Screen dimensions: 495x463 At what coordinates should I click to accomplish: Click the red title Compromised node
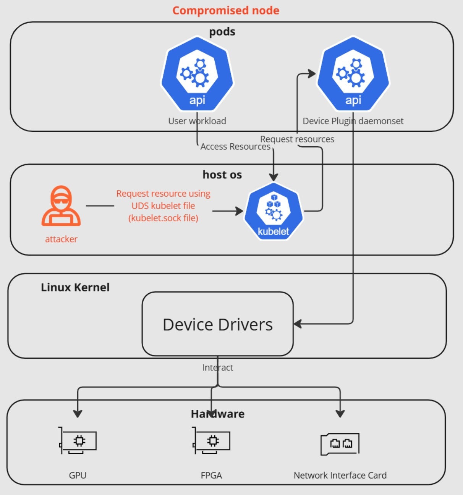[x=226, y=10]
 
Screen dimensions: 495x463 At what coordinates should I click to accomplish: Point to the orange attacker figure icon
[x=61, y=206]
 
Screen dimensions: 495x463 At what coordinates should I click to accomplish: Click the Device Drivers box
[x=217, y=324]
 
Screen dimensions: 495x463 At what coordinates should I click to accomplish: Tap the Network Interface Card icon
[x=340, y=443]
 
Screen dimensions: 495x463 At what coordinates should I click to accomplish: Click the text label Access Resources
[x=235, y=147]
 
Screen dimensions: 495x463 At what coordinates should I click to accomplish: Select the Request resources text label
[x=297, y=139]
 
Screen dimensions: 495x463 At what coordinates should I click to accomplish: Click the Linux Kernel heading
[x=75, y=287]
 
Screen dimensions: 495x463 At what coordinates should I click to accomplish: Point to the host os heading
[x=222, y=175]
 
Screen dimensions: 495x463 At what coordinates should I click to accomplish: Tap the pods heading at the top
[x=222, y=32]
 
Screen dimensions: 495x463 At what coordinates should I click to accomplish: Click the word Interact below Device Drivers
[x=217, y=367]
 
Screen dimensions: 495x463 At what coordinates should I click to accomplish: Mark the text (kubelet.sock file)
[x=163, y=218]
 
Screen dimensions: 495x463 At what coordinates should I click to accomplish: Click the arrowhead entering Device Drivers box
[x=298, y=324]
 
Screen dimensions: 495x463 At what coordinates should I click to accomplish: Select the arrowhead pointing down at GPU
[x=78, y=413]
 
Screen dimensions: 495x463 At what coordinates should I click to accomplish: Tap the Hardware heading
[x=218, y=414]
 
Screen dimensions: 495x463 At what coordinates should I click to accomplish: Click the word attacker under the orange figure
[x=61, y=239]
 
